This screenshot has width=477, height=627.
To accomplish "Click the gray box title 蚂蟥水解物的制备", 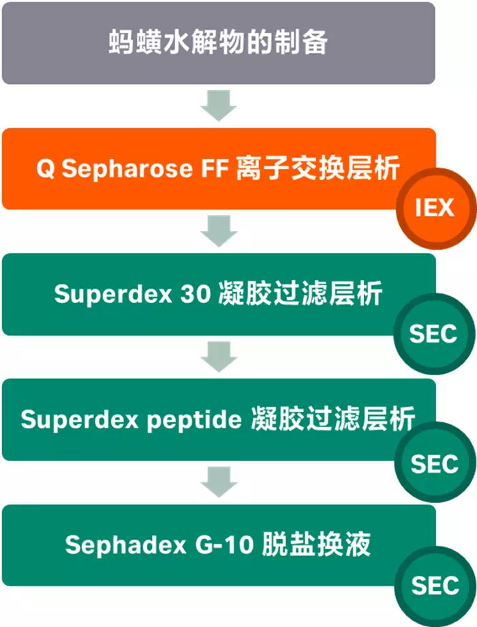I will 218,42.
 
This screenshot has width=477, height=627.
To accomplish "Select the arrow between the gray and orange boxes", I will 219,106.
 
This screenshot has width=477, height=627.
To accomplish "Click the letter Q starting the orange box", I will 46,169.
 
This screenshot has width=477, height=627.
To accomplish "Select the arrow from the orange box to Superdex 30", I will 219,232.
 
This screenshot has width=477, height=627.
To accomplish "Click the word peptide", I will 198,419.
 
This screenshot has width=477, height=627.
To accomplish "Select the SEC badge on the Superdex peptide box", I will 434,463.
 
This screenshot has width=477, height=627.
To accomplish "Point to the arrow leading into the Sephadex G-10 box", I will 219,482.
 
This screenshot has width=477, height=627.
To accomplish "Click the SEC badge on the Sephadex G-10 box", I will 434,585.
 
